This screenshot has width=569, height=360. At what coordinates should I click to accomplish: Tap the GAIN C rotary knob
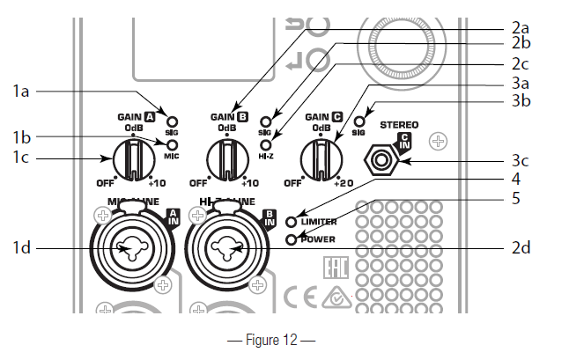click(x=319, y=160)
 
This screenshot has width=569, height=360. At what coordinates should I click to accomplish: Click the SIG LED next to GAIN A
click(x=174, y=123)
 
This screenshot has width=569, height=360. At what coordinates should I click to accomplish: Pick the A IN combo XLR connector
click(x=129, y=250)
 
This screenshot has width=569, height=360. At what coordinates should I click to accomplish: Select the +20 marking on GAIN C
click(x=344, y=183)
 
